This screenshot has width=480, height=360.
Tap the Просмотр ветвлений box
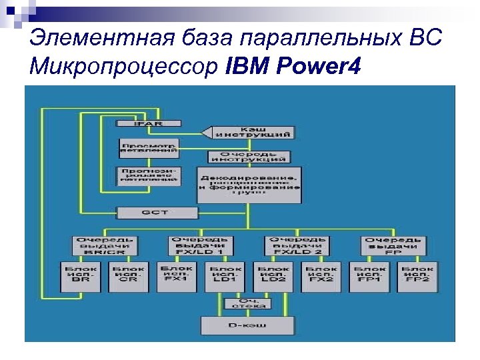(149, 147)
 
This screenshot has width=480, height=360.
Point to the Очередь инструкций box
(248, 157)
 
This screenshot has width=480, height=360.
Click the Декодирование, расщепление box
(249, 185)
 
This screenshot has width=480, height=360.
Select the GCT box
(157, 213)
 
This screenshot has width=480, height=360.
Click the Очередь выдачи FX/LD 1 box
(201, 246)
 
